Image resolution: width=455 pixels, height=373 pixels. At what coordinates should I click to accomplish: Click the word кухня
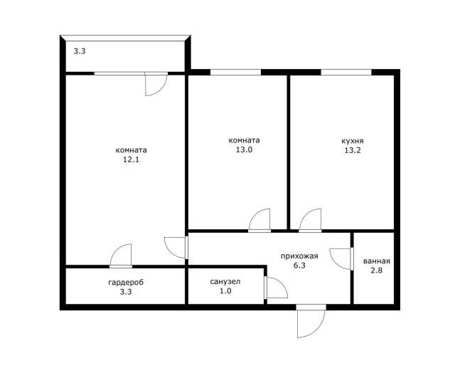coord(353,141)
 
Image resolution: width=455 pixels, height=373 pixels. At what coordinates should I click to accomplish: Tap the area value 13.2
coord(353,150)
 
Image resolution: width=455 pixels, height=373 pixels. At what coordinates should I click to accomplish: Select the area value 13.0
coord(244,150)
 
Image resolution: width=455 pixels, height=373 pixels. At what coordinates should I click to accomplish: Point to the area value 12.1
coord(131,159)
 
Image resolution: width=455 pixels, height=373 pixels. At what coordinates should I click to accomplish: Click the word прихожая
coord(299,256)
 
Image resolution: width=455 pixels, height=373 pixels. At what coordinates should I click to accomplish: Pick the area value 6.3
coord(299,266)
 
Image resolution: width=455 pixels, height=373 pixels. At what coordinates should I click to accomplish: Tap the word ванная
coord(376,261)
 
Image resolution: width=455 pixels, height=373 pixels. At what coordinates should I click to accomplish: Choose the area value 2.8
coord(376,270)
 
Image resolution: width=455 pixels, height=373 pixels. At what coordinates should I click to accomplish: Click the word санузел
coord(225,281)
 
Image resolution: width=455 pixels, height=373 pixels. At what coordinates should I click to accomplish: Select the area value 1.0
coord(225,291)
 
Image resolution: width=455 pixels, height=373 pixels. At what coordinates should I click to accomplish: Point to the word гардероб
coord(126,283)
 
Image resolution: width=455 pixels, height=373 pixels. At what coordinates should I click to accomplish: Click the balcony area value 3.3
coord(79,52)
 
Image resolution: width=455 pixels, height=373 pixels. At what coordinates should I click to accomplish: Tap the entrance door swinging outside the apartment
coord(318,330)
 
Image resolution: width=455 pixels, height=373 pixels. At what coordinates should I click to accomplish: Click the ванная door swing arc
coord(333,262)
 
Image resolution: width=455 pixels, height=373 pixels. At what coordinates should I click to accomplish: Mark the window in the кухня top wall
coord(346,72)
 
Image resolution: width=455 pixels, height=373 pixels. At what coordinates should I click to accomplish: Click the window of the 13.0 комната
coord(235,72)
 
